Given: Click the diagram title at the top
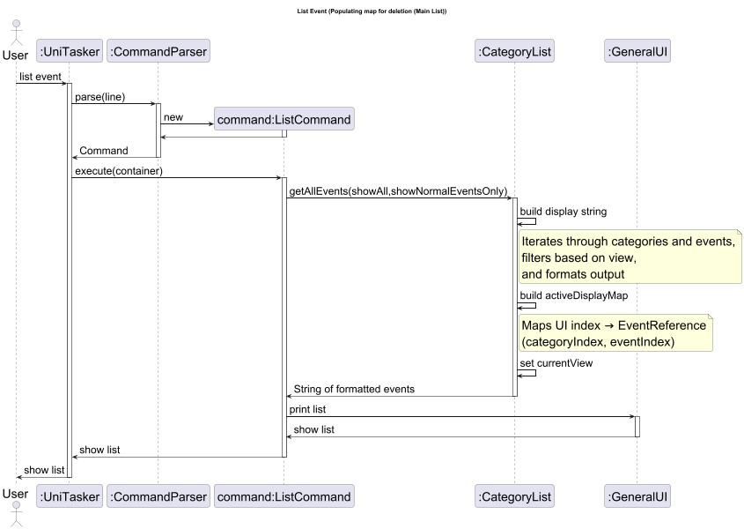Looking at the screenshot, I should [372, 11].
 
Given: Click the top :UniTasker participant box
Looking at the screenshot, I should [70, 52].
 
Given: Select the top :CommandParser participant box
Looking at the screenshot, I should [158, 52].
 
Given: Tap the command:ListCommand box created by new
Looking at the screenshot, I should [284, 119].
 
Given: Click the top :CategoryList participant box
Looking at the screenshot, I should [514, 52].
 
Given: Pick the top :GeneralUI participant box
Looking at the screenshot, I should [637, 52].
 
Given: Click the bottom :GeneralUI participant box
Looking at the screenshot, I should [637, 496].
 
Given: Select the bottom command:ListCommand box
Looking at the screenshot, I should [284, 496].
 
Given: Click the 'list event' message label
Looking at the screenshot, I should [41, 77].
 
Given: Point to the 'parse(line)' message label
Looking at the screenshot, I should [99, 97].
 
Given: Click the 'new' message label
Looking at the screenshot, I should [173, 117].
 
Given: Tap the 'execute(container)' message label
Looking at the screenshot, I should [118, 170].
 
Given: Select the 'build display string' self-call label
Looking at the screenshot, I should [563, 212].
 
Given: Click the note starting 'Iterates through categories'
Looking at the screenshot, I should [630, 257].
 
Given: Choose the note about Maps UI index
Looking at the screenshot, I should [615, 333].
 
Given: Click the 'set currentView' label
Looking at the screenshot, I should [556, 362].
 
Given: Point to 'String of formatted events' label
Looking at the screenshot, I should [354, 389].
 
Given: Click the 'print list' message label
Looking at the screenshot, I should [307, 410].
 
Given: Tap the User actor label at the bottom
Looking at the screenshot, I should [16, 495].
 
